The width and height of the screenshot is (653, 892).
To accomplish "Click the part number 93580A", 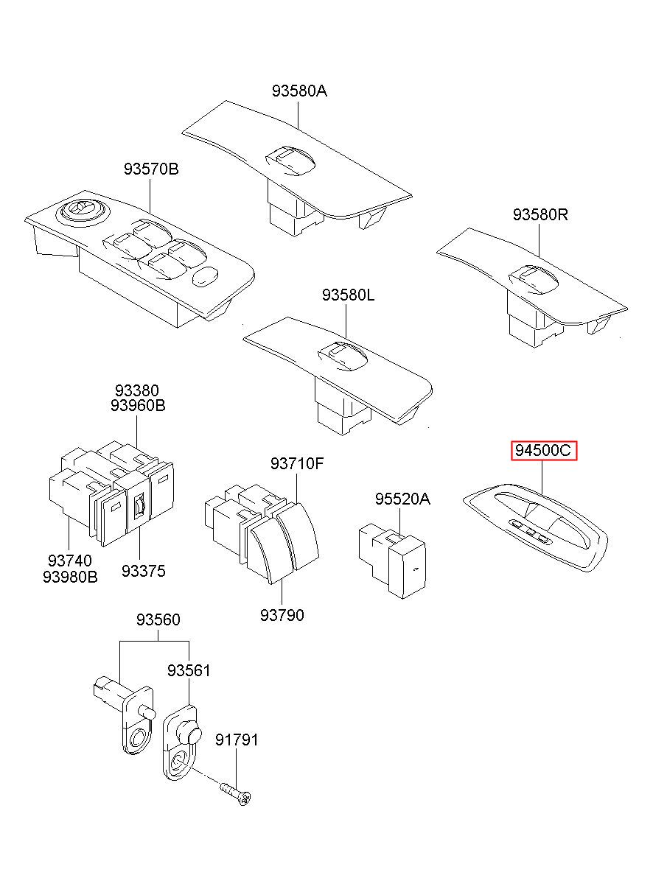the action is (299, 91).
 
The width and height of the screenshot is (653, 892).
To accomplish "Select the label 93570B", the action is (151, 169).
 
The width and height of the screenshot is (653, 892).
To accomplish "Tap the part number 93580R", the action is (539, 215).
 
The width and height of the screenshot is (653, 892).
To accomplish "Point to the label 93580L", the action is (348, 295).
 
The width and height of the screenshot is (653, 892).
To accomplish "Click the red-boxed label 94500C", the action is (544, 450).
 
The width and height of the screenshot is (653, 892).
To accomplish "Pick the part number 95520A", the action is (402, 499).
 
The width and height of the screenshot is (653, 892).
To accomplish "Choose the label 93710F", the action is (297, 463).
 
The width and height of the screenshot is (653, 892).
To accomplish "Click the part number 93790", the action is (282, 615).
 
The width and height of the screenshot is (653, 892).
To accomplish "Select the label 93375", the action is (144, 572).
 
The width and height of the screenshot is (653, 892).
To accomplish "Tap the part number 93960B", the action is (138, 406).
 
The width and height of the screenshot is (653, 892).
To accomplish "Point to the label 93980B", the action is (70, 577).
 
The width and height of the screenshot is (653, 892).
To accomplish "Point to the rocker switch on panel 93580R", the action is (534, 279).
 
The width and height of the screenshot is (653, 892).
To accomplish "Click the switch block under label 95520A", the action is (392, 561).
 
